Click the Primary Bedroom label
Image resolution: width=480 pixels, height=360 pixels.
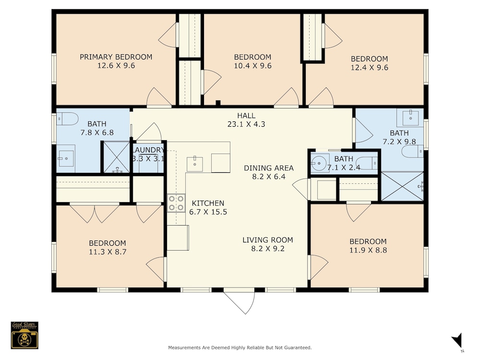click(x=116, y=57)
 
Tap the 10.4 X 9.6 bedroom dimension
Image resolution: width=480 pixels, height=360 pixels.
click(x=252, y=66)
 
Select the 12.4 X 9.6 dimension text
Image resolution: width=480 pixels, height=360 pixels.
click(x=369, y=68)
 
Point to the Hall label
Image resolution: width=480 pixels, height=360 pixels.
click(x=246, y=116)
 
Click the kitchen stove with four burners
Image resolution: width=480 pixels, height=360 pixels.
click(x=176, y=203)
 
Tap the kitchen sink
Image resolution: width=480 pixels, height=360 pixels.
click(x=195, y=164)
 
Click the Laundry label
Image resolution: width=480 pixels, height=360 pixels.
click(x=148, y=150)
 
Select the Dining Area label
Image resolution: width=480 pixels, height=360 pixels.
click(x=269, y=168)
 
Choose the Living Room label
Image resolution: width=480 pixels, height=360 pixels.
click(x=267, y=240)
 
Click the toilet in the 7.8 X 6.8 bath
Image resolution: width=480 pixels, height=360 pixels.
click(x=67, y=119)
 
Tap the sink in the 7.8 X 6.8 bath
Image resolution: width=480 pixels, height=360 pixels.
click(x=66, y=158)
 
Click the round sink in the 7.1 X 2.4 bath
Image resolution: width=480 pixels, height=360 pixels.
click(x=319, y=163)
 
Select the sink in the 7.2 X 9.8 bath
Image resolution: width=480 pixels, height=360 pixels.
click(x=410, y=118)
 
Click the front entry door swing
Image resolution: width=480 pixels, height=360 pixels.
click(x=239, y=301)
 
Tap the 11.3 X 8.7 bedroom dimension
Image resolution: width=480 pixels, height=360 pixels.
click(x=108, y=252)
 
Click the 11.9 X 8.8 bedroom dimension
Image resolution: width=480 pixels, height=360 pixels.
click(x=368, y=250)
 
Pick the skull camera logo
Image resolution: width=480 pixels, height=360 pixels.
click(x=24, y=335)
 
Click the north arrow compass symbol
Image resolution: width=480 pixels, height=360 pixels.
click(x=457, y=341)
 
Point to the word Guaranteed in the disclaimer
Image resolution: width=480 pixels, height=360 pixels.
click(x=298, y=348)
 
